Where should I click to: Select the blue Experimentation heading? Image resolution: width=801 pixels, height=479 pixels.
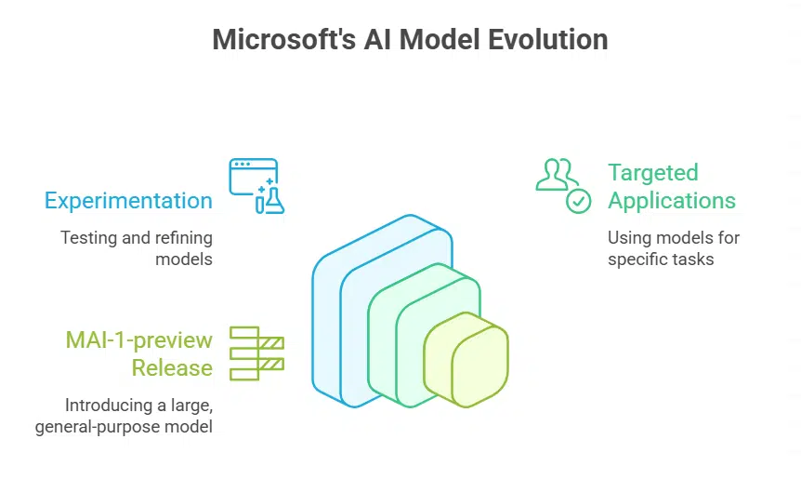click(128, 201)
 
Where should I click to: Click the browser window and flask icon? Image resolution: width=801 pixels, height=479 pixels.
click(256, 186)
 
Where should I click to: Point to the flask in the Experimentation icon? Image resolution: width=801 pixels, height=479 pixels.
click(272, 200)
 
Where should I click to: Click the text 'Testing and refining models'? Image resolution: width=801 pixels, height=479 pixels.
click(137, 248)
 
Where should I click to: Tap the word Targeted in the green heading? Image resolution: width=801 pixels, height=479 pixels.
click(652, 173)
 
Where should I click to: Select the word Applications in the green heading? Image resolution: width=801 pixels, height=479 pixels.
click(672, 201)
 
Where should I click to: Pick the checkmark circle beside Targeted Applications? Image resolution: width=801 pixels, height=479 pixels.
click(579, 200)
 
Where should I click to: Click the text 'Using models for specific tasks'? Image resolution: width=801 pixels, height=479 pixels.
click(674, 248)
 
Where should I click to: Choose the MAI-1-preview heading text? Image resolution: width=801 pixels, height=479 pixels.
click(138, 340)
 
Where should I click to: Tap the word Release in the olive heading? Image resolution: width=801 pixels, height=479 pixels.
click(172, 367)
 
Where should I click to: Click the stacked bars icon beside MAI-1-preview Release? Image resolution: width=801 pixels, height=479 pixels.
click(256, 353)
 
